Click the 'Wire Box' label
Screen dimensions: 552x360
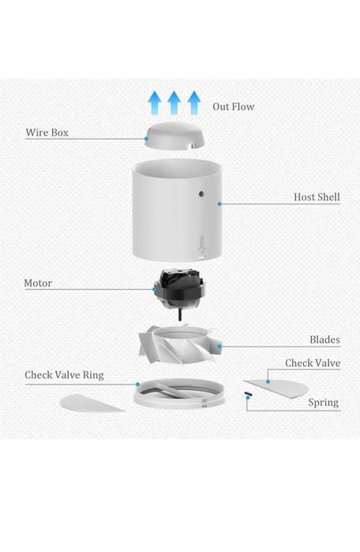coord(47,133)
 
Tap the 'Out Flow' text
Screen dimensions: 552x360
coord(233,106)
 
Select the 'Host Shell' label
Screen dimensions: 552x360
coord(317,197)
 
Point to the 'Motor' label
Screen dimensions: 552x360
coord(38,283)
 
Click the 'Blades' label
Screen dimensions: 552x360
coord(324,340)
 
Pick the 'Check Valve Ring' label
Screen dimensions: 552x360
coord(64,375)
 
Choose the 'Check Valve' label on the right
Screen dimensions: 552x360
coord(313,362)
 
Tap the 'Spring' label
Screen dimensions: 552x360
coord(323,402)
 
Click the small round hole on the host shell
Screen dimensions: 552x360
coord(202,193)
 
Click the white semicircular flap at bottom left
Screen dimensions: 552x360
coord(91,402)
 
